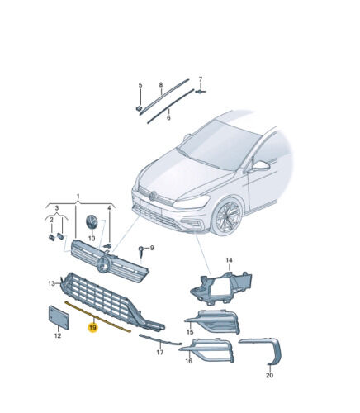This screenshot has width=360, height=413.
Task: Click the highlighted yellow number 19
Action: [92, 328]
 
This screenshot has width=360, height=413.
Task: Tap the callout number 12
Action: [58, 335]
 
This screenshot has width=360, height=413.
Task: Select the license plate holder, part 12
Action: [59, 317]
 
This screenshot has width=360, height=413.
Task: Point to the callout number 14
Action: [229, 260]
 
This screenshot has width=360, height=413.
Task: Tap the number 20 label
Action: [269, 375]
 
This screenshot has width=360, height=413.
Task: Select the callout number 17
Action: [160, 352]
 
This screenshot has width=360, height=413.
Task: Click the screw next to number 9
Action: [141, 251]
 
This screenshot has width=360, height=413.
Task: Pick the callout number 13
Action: [51, 283]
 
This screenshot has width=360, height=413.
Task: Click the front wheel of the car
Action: [228, 216]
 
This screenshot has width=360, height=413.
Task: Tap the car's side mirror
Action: [261, 166]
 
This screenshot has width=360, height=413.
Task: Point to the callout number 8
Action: [161, 85]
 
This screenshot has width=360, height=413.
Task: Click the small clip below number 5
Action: [140, 108]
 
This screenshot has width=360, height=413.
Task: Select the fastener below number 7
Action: [200, 92]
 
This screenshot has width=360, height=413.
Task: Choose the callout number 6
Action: [168, 118]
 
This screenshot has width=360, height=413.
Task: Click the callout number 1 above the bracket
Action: [78, 197]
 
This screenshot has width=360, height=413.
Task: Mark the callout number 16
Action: [188, 360]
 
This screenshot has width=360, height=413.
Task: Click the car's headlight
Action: [192, 202]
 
